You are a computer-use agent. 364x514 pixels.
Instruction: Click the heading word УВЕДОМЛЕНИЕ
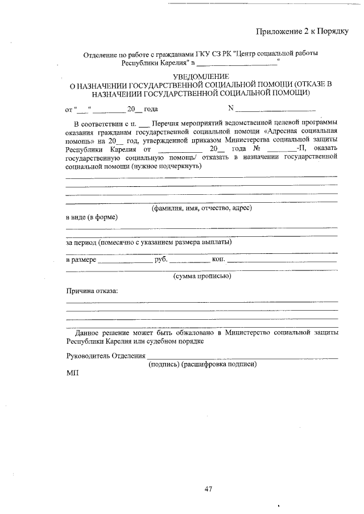point(201,76)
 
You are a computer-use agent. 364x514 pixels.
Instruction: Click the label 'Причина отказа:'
point(92,291)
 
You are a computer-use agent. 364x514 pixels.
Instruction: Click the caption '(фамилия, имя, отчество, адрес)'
point(201,208)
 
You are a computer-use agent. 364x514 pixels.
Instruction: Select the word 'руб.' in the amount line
point(160,260)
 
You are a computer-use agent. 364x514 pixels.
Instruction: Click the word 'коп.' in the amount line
point(218,260)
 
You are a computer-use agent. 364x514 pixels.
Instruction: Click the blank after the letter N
point(275,109)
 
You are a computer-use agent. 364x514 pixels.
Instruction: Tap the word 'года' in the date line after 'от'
point(151,109)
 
